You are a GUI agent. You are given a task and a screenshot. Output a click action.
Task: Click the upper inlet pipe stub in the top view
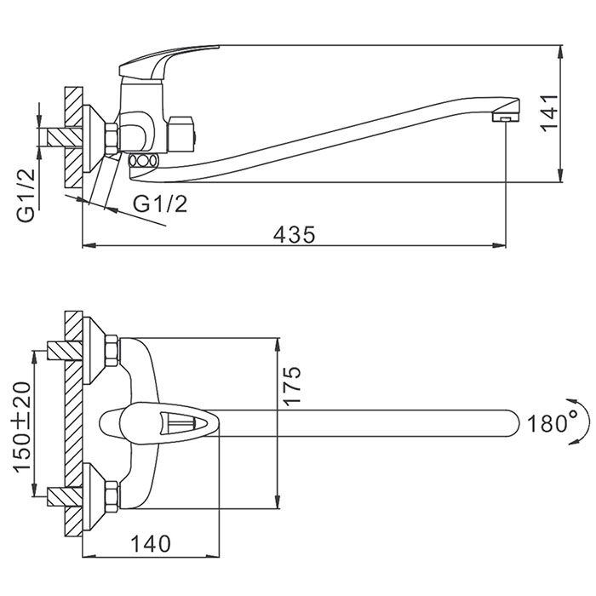point(60,349)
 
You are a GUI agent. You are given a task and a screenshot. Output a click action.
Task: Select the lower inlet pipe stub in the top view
point(60,495)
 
